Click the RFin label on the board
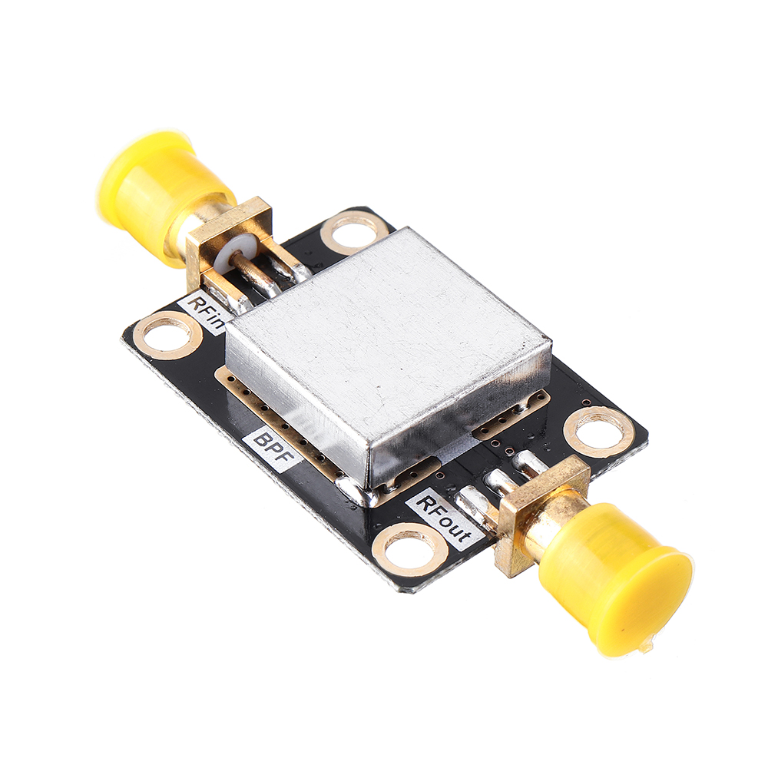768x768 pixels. [206, 312]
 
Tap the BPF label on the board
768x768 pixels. [272, 449]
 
